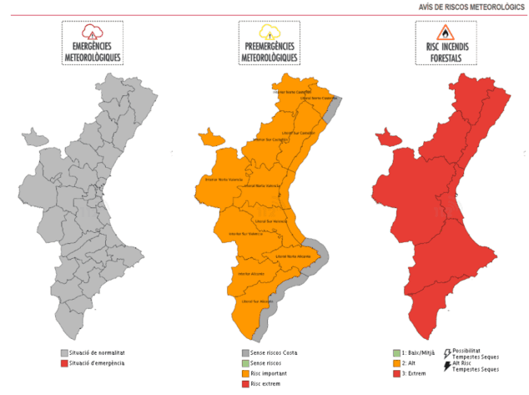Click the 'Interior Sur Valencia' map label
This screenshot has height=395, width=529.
[244, 234]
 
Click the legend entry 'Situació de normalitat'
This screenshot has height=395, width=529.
[97, 354]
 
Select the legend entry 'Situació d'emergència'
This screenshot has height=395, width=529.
[97, 363]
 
